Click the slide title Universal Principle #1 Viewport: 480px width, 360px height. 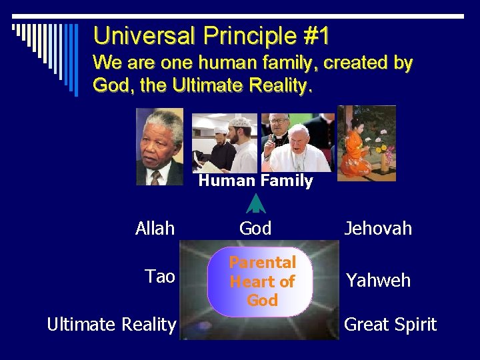[x=211, y=35]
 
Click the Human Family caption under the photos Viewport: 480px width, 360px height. [x=255, y=181]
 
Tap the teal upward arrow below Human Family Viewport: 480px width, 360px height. [x=255, y=203]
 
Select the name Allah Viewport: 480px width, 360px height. [x=155, y=229]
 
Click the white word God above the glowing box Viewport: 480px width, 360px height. [x=255, y=229]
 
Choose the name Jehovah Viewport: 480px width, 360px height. [x=378, y=229]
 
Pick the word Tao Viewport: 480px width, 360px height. [x=160, y=276]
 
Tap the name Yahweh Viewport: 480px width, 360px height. [x=378, y=280]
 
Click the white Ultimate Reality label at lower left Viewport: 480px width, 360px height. [x=111, y=325]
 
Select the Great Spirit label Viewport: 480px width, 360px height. [x=390, y=325]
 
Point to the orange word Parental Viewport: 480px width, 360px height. [x=262, y=263]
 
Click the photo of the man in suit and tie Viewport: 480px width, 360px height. [x=160, y=146]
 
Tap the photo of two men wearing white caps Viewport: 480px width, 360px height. [x=225, y=143]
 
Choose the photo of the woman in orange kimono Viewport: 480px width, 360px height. [x=366, y=143]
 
